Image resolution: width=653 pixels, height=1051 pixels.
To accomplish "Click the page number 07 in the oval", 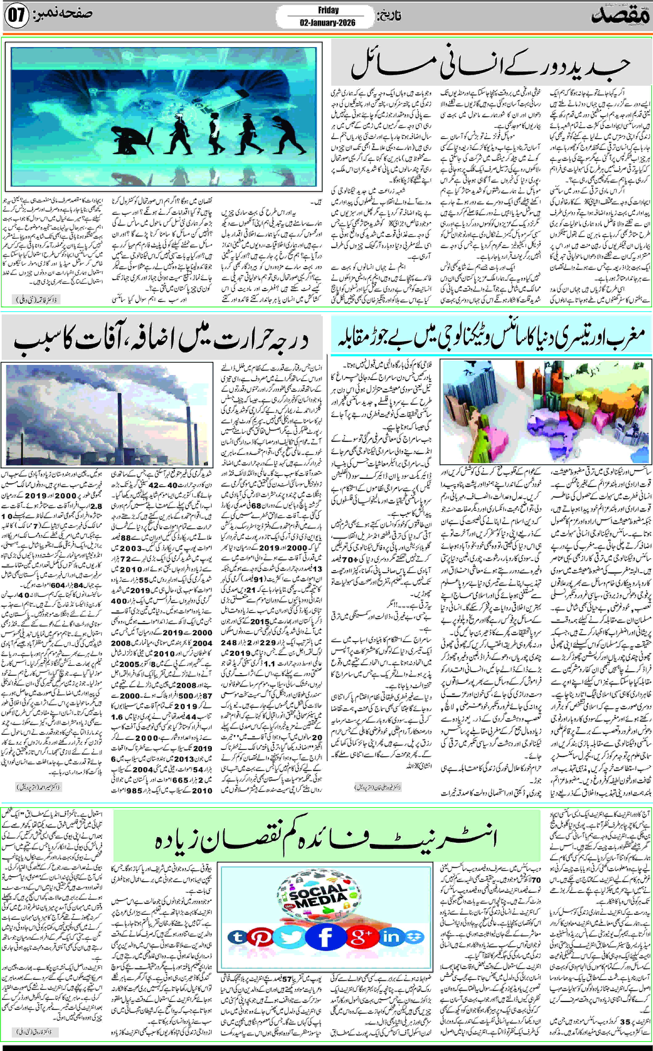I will tap(16, 15).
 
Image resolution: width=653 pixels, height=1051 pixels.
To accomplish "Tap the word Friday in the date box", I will tap(328, 10).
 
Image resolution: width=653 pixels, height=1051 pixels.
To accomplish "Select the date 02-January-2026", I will tap(327, 22).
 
